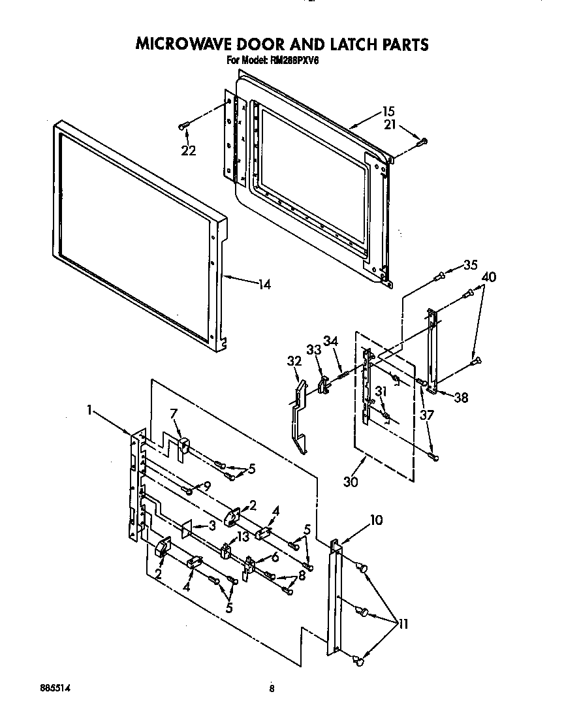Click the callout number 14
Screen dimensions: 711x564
coord(264,284)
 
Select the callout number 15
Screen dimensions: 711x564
coord(388,112)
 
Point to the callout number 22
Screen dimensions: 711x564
coord(189,151)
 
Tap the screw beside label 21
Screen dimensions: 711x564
coord(421,141)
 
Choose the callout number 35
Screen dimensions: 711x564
coord(470,265)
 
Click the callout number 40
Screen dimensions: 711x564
coord(488,277)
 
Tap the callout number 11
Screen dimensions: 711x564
coord(402,624)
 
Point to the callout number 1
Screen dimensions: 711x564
coord(89,411)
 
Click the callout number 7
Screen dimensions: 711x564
coord(173,414)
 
